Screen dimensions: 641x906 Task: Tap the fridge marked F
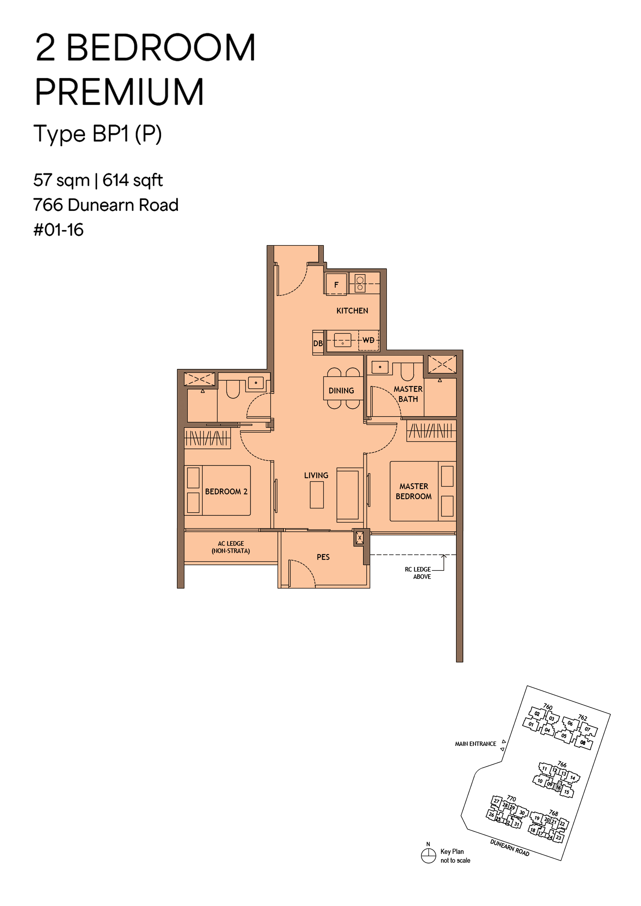336,284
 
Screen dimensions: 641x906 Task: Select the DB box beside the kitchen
318,343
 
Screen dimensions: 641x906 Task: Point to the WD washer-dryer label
368,340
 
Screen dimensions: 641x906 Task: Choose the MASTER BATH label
408,394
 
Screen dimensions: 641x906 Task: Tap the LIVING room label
316,475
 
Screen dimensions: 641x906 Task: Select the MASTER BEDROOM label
414,491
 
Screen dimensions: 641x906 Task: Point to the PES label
323,557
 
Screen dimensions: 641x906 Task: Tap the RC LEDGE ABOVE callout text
418,573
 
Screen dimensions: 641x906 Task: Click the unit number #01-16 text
58,230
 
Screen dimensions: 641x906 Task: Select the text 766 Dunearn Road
106,205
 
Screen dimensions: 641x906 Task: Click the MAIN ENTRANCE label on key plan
476,744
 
